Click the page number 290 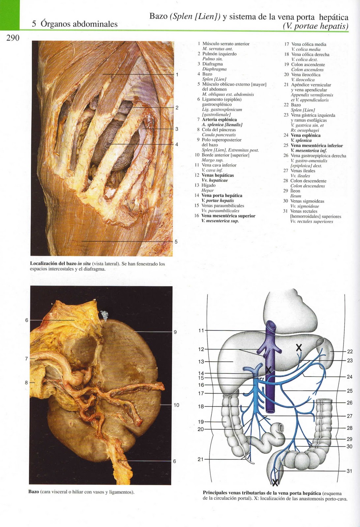13,38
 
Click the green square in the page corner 10,15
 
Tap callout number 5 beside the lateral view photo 176,241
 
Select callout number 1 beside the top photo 177,75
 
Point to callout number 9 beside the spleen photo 175,332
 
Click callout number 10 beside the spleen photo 176,405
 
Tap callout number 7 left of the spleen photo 27,359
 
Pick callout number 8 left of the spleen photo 27,382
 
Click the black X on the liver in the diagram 299,347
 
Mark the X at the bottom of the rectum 275,483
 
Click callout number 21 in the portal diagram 200,459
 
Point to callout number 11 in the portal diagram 201,330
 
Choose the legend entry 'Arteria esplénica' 219,120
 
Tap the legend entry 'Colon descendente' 308,181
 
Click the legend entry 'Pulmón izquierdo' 219,54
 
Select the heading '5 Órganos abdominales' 75,24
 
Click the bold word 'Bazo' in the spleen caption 34,492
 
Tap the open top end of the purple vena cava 271,325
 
